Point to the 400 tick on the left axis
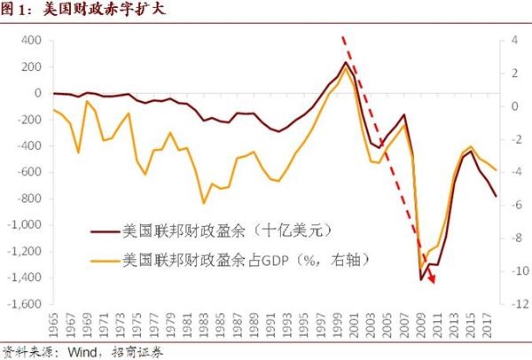[x=32, y=41]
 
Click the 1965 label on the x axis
[x=58, y=323]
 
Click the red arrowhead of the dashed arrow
[x=432, y=280]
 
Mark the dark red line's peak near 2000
[x=345, y=63]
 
